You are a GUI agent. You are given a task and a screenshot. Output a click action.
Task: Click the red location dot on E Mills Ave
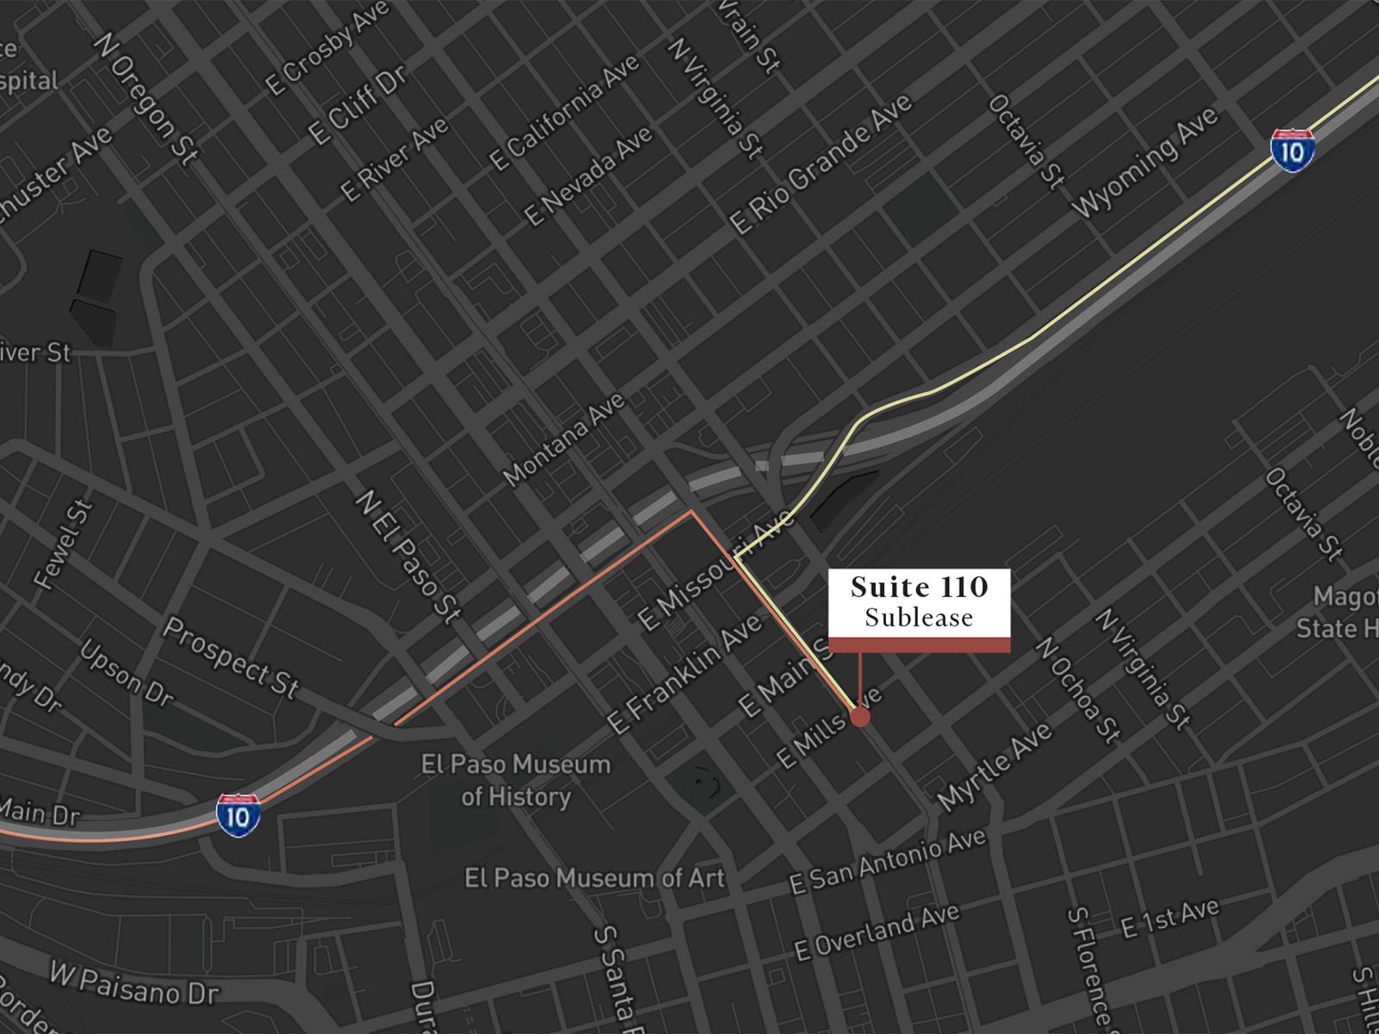click(859, 717)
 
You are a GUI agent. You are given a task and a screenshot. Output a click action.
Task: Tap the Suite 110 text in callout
click(919, 588)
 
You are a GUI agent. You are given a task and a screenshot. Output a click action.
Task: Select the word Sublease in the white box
click(919, 618)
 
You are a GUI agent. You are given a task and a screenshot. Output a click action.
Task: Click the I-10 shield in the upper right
click(1292, 151)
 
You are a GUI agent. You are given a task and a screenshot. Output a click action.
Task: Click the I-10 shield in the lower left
click(238, 815)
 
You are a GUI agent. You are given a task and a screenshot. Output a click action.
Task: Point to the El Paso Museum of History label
click(515, 780)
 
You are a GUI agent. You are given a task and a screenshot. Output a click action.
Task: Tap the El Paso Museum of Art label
click(595, 878)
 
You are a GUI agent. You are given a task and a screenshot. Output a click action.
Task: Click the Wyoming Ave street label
click(1145, 162)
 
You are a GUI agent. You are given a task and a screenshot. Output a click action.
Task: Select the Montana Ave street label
click(564, 439)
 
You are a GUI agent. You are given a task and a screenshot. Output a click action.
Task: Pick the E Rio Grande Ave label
click(821, 163)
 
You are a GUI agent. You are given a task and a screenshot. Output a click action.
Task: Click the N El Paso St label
click(409, 557)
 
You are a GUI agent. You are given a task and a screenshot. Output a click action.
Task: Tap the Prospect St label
click(231, 657)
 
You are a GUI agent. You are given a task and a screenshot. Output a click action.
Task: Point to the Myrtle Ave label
click(995, 766)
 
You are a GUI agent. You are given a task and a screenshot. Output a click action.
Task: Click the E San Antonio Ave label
click(888, 863)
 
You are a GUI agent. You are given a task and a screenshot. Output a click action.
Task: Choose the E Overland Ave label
click(877, 932)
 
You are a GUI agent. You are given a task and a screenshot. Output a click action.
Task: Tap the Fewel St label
click(63, 545)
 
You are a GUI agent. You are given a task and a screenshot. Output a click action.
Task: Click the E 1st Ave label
click(1170, 917)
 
